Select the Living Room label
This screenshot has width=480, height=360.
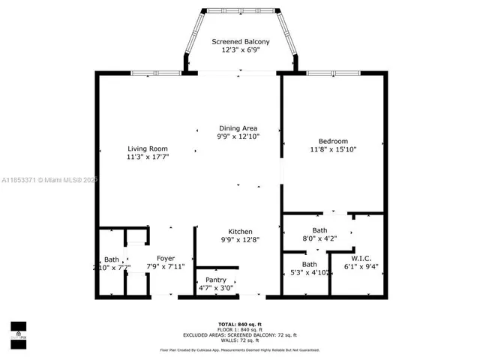coord(147,148)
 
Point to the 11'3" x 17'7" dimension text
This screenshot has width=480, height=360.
coord(147,158)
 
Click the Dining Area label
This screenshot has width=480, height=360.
coord(238,128)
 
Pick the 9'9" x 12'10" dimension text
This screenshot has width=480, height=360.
coord(238,138)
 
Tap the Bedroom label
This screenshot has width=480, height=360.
coord(333,141)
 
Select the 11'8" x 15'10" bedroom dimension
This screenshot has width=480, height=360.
coord(333,150)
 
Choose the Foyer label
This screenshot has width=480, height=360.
coord(165,258)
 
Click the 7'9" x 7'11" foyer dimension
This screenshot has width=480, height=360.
coord(165,267)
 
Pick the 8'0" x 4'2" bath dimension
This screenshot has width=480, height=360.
coord(319,239)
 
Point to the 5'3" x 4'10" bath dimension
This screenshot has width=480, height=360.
coord(309,274)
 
